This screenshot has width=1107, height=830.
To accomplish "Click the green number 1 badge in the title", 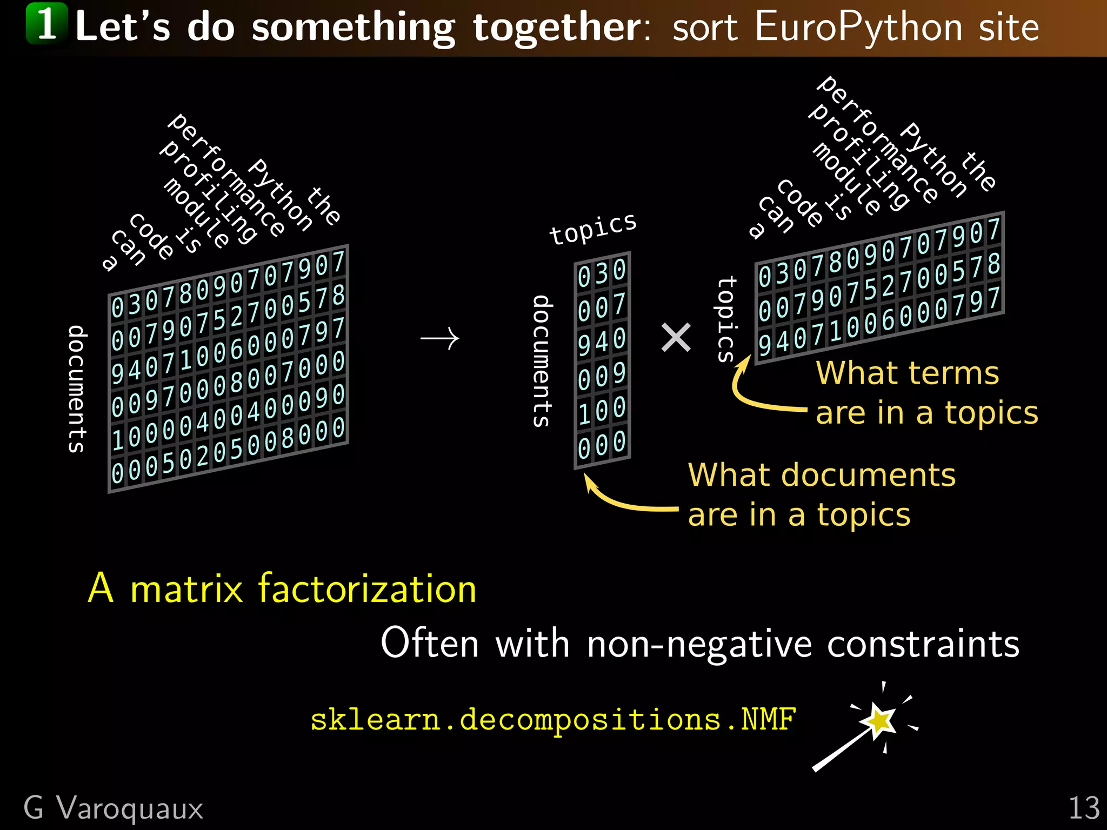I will click(x=47, y=24).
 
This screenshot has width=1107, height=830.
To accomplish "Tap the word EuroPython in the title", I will click(x=858, y=26).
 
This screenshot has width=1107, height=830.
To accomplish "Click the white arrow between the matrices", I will click(x=440, y=339).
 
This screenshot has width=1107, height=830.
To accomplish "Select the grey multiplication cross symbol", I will click(x=676, y=338).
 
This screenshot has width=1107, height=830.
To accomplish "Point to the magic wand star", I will click(x=879, y=720).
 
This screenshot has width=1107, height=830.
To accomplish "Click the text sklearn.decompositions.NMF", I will click(x=552, y=720).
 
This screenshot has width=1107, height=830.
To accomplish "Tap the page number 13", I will click(x=1083, y=808).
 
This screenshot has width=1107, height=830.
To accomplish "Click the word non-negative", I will click(x=699, y=644).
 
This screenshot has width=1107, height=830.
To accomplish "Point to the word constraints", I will click(x=923, y=644).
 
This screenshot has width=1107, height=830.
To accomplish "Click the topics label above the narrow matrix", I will click(x=593, y=229).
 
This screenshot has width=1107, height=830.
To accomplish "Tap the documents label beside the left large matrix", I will click(x=77, y=389).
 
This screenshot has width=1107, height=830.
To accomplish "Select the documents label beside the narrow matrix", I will click(x=542, y=361).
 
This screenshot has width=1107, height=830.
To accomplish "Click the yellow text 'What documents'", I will click(x=822, y=476).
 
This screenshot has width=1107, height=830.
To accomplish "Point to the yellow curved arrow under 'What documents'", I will click(x=627, y=500).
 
